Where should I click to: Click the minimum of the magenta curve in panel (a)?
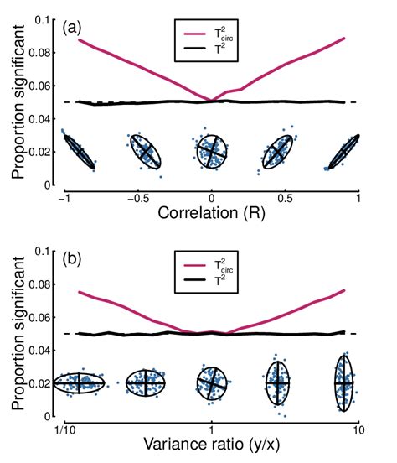(212, 101)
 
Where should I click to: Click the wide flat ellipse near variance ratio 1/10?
(79, 383)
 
